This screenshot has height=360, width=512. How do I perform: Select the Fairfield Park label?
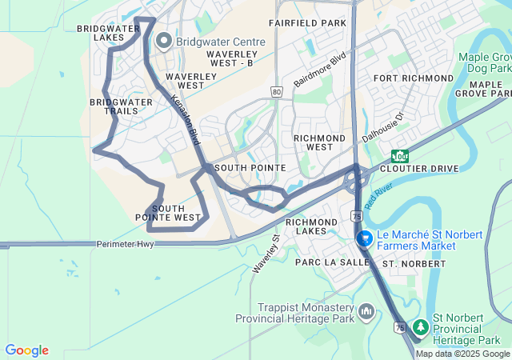click(307, 23)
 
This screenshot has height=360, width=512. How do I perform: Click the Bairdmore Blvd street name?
click(318, 70)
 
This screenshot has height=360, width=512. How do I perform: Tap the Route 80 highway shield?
click(276, 92)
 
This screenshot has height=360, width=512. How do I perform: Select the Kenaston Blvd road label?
click(186, 120)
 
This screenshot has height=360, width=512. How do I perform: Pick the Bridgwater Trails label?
click(121, 106)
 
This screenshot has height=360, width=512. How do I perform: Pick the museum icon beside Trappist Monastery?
click(366, 310)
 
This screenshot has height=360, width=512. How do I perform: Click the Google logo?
click(26, 350)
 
